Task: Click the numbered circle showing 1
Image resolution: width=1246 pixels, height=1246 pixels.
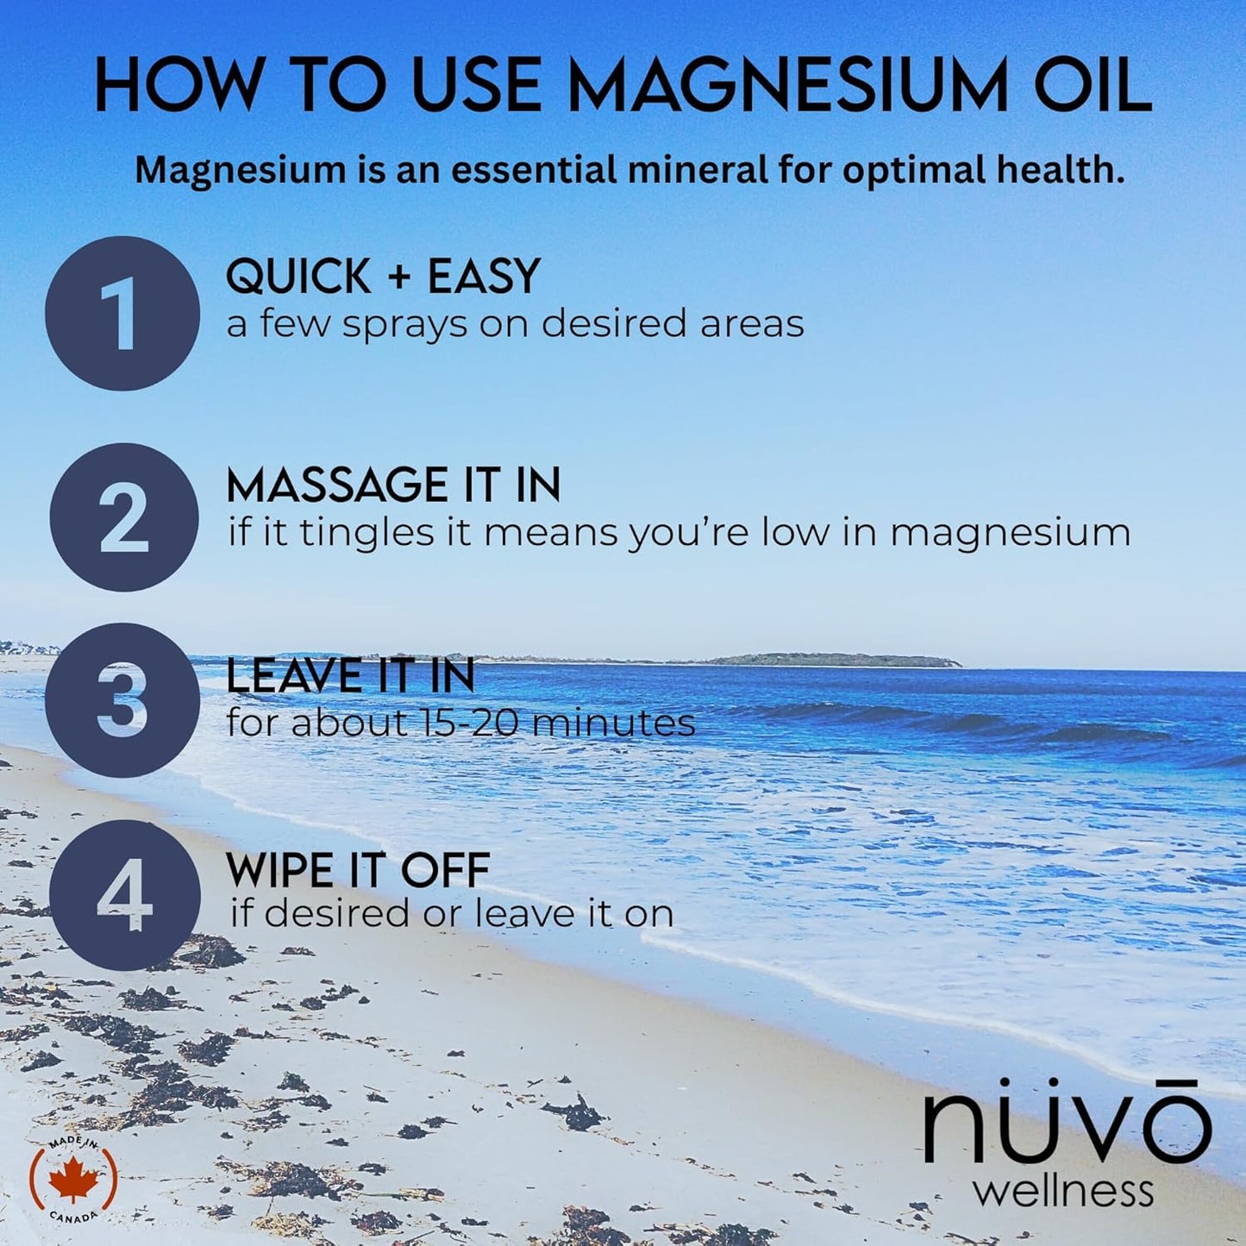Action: coord(122,313)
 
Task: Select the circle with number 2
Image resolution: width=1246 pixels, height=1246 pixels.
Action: coord(124,517)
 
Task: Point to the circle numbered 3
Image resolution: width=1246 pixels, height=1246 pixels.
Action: coord(122,700)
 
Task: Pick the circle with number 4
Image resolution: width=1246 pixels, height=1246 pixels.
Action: coord(124,895)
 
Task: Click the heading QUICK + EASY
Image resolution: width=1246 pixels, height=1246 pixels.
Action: coord(383,277)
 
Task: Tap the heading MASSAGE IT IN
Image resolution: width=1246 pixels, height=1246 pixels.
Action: coord(393,485)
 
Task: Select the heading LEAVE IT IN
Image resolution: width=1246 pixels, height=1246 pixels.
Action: coord(350,675)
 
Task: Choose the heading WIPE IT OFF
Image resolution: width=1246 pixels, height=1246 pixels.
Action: coord(358,870)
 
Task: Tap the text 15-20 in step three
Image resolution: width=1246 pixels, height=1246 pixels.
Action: coord(470,723)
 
